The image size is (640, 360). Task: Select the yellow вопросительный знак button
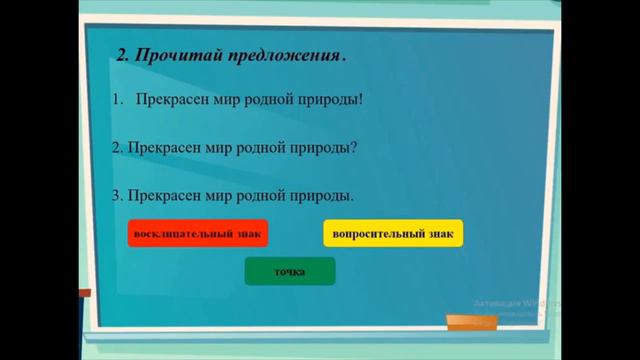[x=393, y=233]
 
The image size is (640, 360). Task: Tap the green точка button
[x=290, y=271]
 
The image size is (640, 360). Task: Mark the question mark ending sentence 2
[x=355, y=147]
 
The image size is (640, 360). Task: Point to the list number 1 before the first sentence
[x=116, y=101]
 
